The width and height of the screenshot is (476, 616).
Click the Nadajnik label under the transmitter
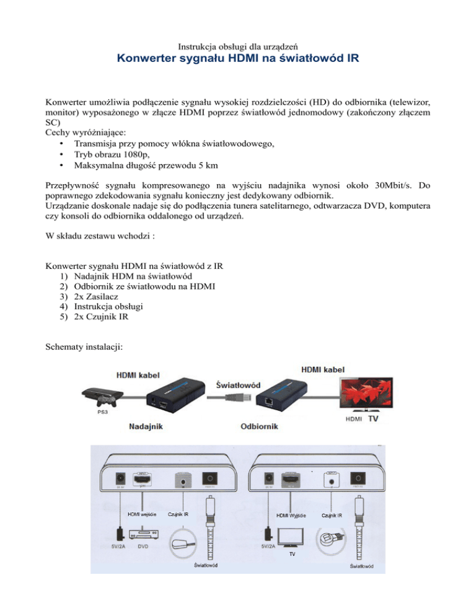tap(146, 426)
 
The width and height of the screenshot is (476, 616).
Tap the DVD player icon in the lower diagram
tap(143, 534)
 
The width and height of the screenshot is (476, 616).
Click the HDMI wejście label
tap(142, 514)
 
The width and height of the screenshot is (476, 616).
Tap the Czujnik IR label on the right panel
tap(332, 514)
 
